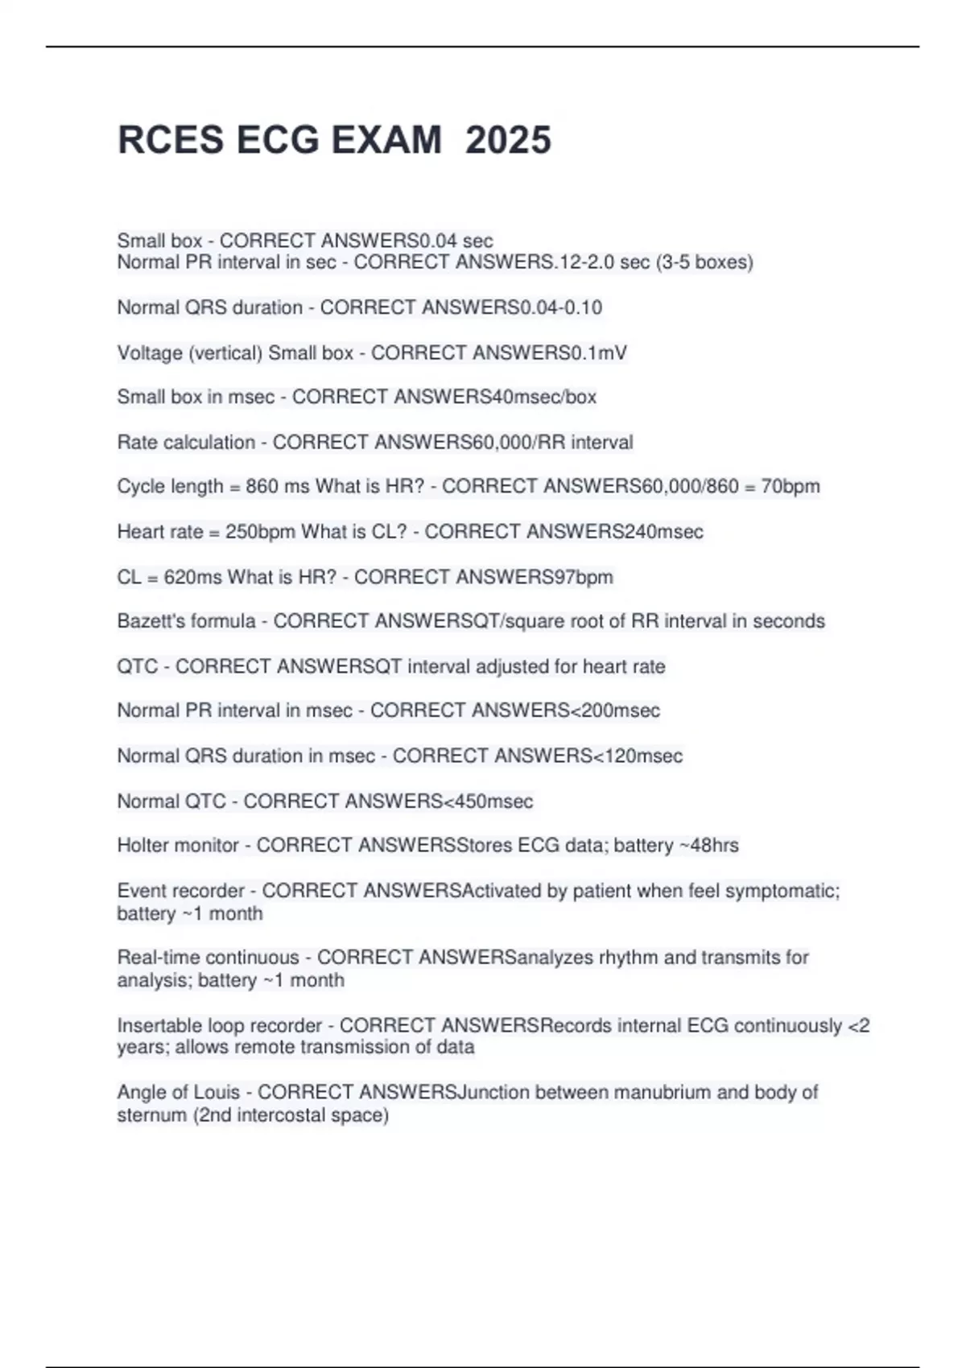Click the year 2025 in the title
tap(508, 140)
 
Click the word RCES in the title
tap(171, 140)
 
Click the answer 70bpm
tap(791, 486)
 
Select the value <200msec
tap(615, 711)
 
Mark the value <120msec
tap(638, 756)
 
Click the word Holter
tap(143, 845)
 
